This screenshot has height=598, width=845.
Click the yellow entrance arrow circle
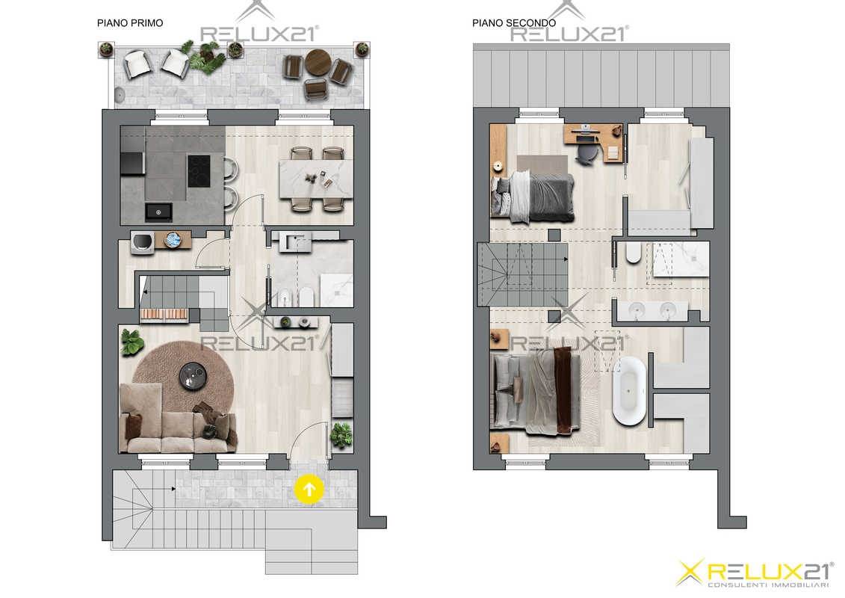pyautogui.click(x=309, y=490)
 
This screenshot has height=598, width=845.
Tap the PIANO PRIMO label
pyautogui.click(x=130, y=23)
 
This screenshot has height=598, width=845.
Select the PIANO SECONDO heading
pyautogui.click(x=514, y=23)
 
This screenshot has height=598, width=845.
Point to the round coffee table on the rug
pyautogui.click(x=194, y=376)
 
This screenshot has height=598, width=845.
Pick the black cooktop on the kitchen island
pyautogui.click(x=198, y=171)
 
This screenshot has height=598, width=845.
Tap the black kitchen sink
pyautogui.click(x=158, y=212)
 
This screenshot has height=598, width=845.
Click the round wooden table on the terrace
pyautogui.click(x=318, y=63)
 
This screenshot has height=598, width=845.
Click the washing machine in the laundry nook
pyautogui.click(x=142, y=241)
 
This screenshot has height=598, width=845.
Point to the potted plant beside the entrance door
pyautogui.click(x=341, y=434)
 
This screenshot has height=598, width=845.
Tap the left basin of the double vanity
pyautogui.click(x=637, y=309)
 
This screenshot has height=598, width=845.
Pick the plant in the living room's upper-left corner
pyautogui.click(x=132, y=342)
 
